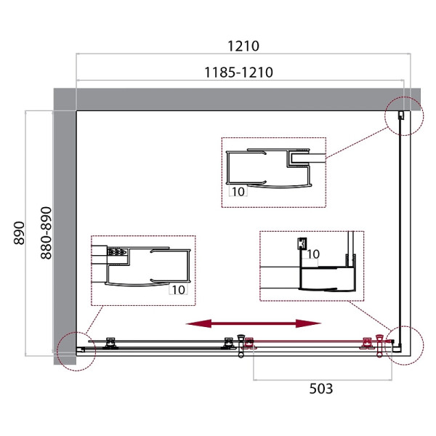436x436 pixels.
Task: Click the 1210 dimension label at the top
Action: point(243,46)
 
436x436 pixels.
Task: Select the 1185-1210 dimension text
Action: point(238,72)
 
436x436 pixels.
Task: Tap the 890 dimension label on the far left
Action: point(19,233)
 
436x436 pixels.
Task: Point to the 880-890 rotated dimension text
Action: point(47,233)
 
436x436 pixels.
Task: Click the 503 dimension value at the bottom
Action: point(321,389)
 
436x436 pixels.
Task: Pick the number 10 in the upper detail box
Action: point(238,192)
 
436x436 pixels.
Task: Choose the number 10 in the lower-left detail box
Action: point(179,290)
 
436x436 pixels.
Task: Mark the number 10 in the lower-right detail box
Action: point(313,254)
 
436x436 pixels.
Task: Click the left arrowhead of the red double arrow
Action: point(198,323)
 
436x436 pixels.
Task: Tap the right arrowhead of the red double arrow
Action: point(308,323)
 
